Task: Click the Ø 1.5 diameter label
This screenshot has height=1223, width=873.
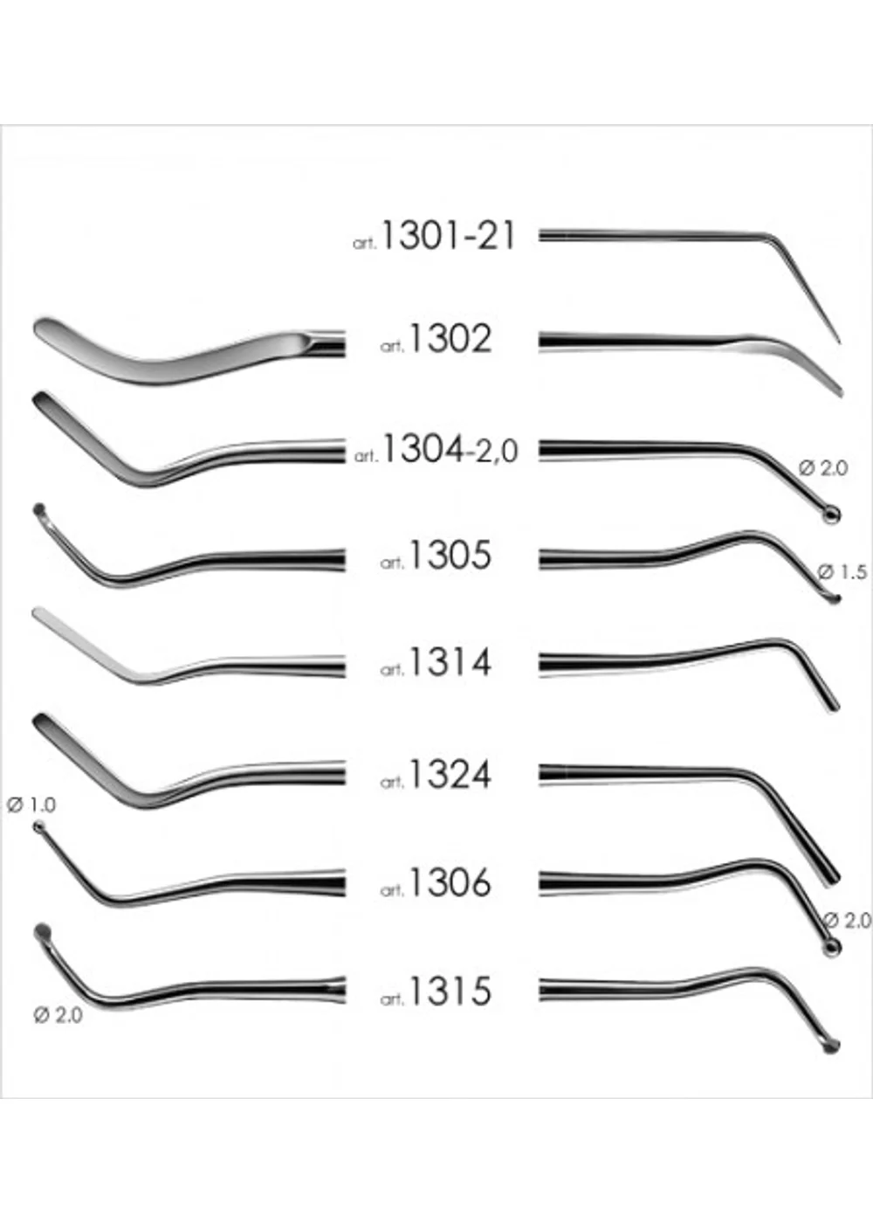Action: point(842,572)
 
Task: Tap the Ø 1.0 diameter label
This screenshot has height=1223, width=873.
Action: point(31,805)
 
